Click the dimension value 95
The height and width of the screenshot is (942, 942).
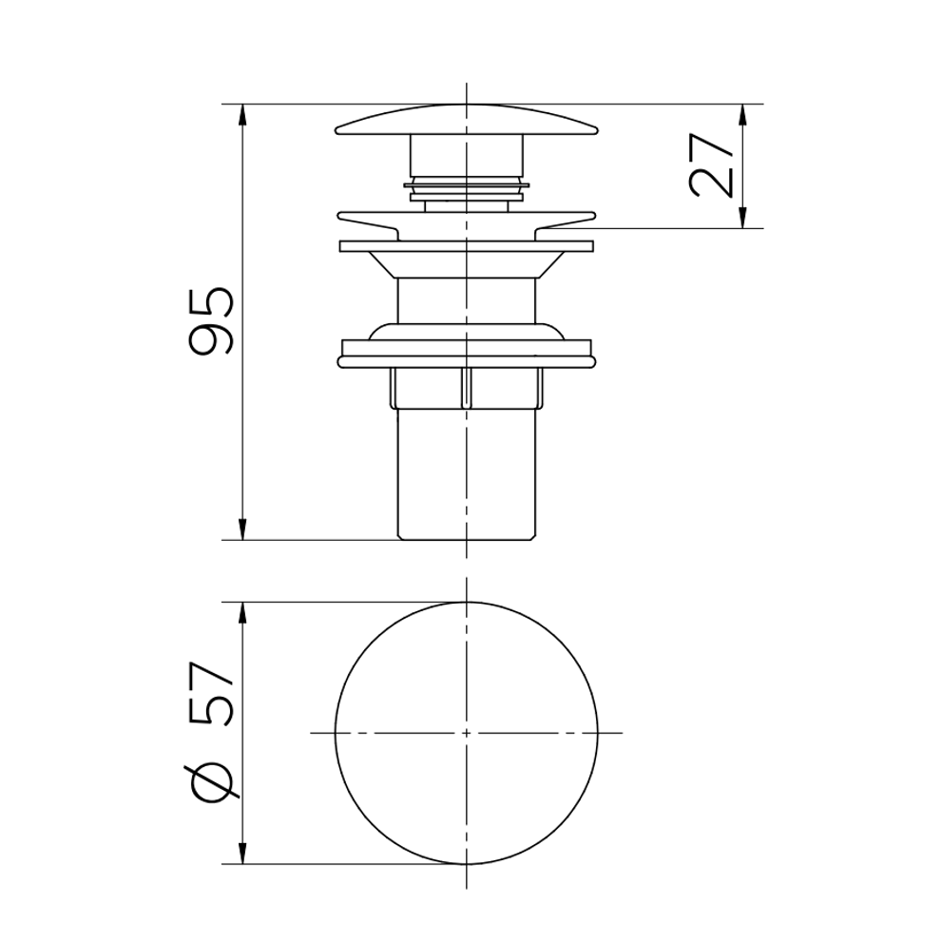[210, 322]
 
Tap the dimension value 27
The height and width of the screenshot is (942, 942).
[712, 165]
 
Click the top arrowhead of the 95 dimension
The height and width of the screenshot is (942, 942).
[242, 114]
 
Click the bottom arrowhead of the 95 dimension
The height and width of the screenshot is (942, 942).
[242, 529]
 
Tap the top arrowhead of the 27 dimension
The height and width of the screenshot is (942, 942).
[743, 114]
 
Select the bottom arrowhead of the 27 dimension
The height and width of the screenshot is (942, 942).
[743, 218]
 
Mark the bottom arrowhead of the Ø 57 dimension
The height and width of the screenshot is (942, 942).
[242, 854]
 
